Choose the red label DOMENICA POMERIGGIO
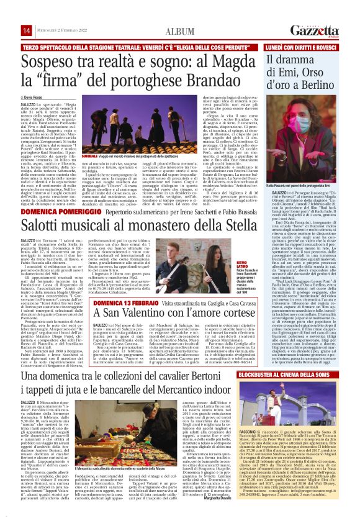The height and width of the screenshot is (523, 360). pyautogui.click(x=52, y=212)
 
